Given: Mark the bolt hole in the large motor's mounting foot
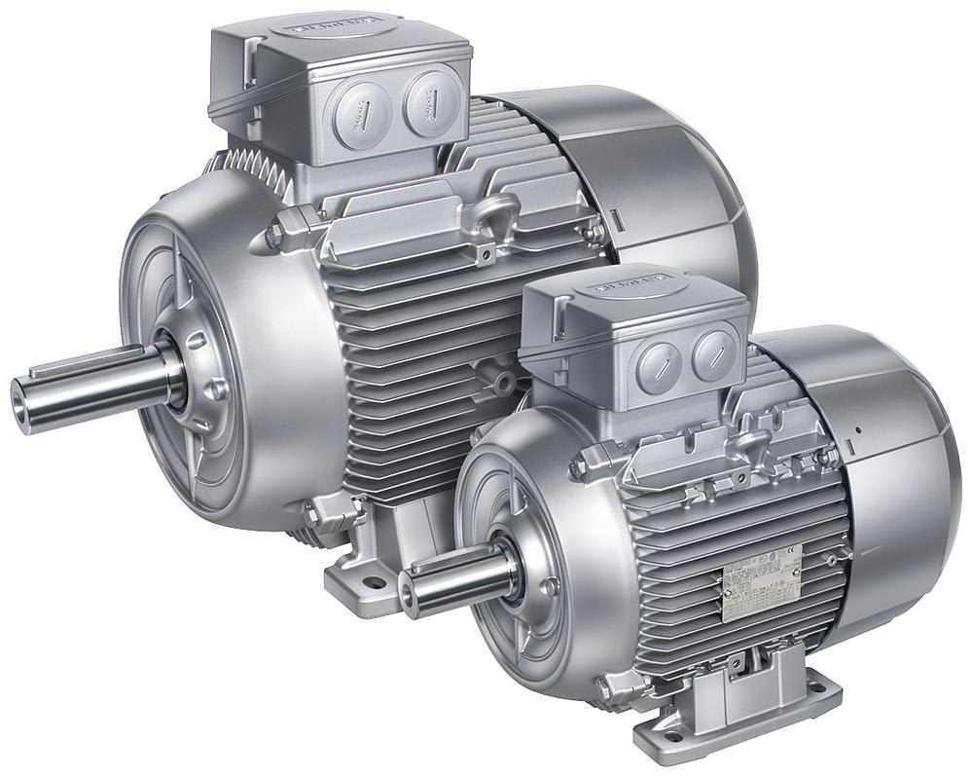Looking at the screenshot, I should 371,584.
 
